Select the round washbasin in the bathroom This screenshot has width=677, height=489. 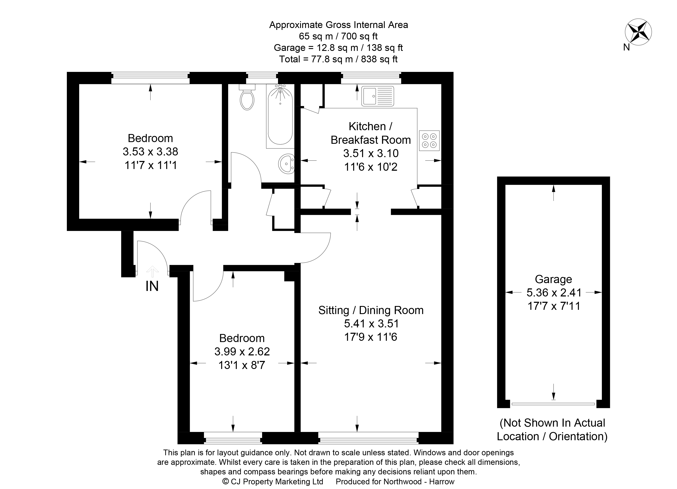pos(287,164)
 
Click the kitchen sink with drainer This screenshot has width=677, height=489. pos(378,96)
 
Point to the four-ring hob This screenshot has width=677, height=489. pos(429,140)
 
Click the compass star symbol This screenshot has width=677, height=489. pos(638,32)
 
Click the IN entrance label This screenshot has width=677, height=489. pos(152,286)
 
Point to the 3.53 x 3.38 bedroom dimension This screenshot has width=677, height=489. pos(150,152)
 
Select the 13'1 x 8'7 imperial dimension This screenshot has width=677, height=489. pos(242,365)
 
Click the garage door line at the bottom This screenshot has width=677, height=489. pos(553,404)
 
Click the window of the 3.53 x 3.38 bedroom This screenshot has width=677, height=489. pos(150,78)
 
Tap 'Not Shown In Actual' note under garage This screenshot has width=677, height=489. pos(552,423)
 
